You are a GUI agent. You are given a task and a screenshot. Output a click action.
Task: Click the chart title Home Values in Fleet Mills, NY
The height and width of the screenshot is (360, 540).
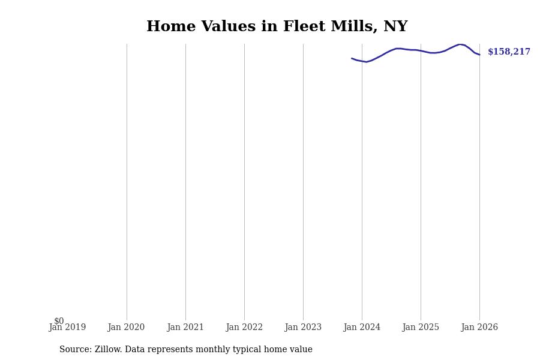pyautogui.click(x=277, y=27)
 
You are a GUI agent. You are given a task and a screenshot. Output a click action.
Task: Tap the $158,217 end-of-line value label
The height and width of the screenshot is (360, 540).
pyautogui.click(x=509, y=52)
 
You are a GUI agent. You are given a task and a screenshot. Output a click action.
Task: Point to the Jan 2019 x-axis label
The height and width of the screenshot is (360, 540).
pyautogui.click(x=67, y=328)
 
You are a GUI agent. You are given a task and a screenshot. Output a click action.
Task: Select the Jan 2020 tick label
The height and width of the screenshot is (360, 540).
pyautogui.click(x=126, y=328)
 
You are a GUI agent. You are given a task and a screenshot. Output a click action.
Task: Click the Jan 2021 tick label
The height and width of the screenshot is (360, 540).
pyautogui.click(x=185, y=328)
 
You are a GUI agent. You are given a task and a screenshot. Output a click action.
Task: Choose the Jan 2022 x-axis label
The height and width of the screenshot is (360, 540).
pyautogui.click(x=244, y=328)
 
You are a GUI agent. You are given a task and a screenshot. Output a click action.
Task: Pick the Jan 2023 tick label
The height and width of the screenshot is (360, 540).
pyautogui.click(x=303, y=328)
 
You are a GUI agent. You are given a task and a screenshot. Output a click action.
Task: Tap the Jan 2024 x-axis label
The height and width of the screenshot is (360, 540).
pyautogui.click(x=362, y=328)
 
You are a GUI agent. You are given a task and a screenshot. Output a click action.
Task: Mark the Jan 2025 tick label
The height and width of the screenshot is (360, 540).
pyautogui.click(x=421, y=328)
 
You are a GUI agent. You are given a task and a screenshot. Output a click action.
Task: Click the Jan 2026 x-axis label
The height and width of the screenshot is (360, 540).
pyautogui.click(x=479, y=328)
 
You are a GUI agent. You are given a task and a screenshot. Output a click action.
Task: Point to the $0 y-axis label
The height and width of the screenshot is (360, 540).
pyautogui.click(x=59, y=321)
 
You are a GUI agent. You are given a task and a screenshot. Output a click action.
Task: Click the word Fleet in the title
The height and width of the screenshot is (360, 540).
pyautogui.click(x=302, y=27)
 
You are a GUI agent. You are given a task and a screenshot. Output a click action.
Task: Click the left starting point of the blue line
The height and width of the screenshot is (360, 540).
pyautogui.click(x=352, y=58)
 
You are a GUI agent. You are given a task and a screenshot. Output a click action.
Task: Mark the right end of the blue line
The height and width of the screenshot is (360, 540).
pyautogui.click(x=479, y=55)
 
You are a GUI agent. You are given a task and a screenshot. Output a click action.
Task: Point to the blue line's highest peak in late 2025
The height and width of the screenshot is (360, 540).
pyautogui.click(x=460, y=44)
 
